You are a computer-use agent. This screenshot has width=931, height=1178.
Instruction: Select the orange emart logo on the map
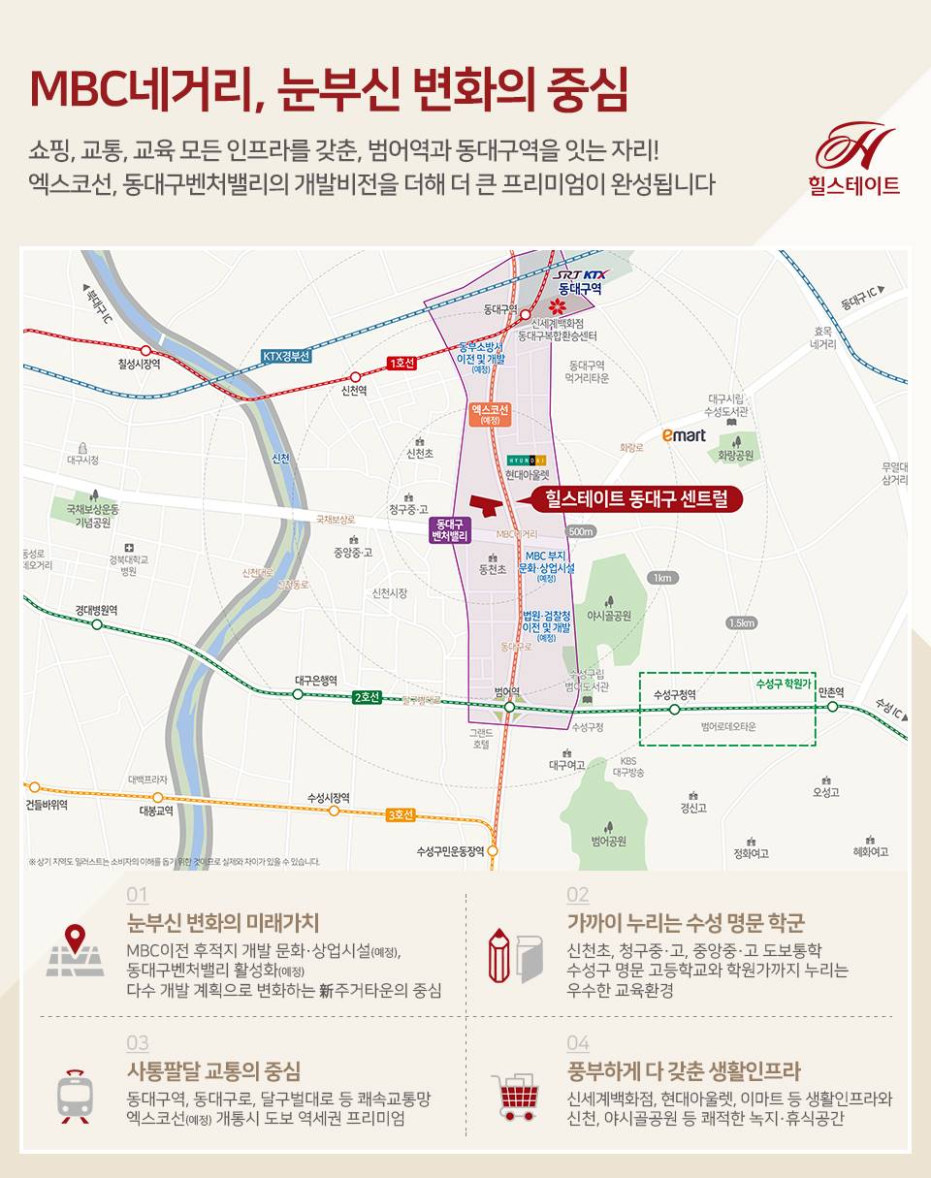(x=684, y=435)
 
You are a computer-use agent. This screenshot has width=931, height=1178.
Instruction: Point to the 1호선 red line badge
(x=401, y=363)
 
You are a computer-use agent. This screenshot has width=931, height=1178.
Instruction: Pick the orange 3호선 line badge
(x=400, y=814)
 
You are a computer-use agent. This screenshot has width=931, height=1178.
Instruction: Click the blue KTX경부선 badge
(x=286, y=356)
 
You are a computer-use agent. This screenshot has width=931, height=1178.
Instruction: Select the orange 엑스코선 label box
(x=491, y=414)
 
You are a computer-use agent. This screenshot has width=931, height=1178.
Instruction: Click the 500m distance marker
(x=581, y=531)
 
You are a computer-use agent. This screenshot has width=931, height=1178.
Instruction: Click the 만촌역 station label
(x=831, y=692)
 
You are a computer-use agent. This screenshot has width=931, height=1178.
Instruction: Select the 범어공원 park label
(x=609, y=840)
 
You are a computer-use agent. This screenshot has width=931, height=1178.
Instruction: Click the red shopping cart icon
(x=514, y=1098)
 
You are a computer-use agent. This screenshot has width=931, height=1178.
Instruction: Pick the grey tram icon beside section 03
(x=74, y=1097)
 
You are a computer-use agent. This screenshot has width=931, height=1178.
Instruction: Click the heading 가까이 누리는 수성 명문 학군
(x=686, y=922)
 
